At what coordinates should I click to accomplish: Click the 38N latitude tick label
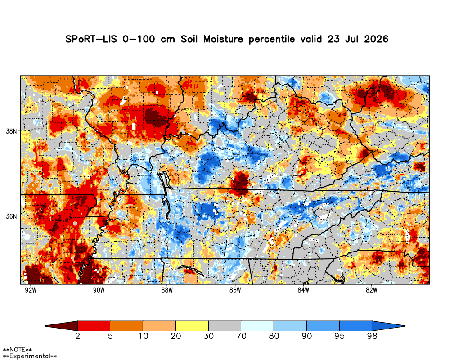pos(11,131)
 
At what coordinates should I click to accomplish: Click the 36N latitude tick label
pos(11,216)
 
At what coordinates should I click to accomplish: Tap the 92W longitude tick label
pos(31,290)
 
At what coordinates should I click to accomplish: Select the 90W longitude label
pos(99,290)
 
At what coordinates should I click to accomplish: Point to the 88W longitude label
pos(167,290)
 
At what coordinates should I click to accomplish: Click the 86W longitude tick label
pos(235,290)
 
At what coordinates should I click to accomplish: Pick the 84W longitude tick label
pos(303,290)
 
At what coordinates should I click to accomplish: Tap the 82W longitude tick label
pos(371,290)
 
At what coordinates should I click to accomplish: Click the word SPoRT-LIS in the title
pos(91,39)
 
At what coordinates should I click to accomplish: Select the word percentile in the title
pos(271,40)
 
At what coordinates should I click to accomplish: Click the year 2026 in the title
pos(376,39)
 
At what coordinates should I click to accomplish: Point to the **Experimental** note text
pos(30,356)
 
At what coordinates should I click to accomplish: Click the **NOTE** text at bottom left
pos(17,350)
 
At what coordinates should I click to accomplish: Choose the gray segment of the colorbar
pos(225,326)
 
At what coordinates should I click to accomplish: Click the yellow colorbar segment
pos(192,326)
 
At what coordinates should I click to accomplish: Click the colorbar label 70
pos(241,336)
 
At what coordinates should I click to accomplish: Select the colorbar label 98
pos(372,336)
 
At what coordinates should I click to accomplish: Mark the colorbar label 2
pos(77,336)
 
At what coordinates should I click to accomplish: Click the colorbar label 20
pos(176,336)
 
